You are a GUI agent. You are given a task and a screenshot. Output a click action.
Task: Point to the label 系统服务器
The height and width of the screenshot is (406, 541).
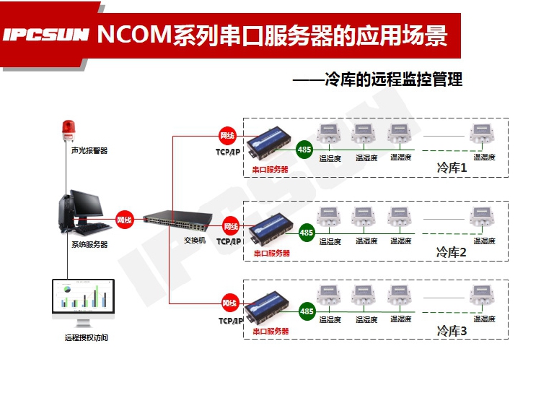point(89,245)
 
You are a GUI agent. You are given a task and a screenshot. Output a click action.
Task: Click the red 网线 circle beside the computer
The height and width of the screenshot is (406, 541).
point(125,220)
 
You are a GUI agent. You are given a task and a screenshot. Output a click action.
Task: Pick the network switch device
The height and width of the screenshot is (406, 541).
point(174,220)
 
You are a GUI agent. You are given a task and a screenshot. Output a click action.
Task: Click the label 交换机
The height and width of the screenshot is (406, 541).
point(194,240)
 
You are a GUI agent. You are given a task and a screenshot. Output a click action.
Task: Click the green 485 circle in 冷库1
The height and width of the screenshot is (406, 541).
point(304,150)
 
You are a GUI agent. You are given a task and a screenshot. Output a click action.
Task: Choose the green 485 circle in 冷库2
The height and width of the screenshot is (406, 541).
point(307,233)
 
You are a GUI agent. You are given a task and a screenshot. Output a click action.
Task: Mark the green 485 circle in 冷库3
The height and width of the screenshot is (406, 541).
point(307,311)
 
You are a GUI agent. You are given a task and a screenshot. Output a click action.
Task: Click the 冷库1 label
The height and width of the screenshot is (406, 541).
point(452,168)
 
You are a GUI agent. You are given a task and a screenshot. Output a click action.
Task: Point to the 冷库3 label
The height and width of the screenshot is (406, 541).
point(452,331)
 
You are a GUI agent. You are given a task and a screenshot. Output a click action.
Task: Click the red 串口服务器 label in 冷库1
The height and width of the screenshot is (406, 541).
point(270,169)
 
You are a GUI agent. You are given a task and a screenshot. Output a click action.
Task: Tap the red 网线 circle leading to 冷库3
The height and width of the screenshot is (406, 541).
point(229,303)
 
